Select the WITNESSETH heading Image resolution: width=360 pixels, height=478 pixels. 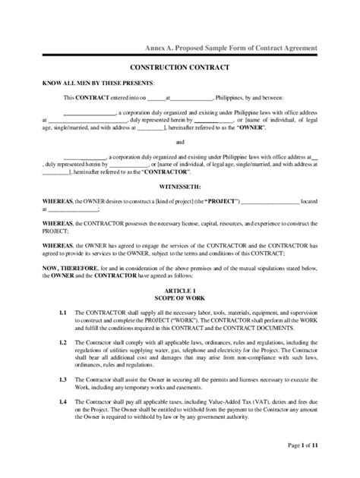point(179,184)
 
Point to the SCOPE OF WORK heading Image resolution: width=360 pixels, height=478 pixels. point(179,299)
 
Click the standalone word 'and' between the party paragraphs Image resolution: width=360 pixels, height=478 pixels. point(179,142)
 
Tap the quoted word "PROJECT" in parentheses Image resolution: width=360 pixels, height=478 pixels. point(220,200)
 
